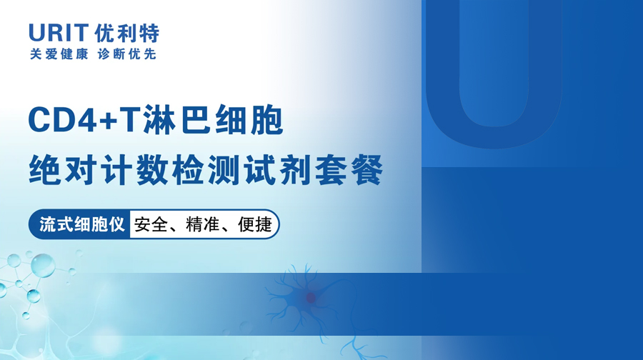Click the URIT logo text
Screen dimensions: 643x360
(59, 33)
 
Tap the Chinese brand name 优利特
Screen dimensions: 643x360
(126, 33)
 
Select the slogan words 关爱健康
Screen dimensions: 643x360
(59, 54)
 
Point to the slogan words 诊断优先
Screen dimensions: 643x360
(127, 54)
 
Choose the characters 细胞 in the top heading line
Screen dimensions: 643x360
(249, 120)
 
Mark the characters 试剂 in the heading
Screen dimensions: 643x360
(278, 169)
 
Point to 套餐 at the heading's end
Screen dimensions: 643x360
(349, 169)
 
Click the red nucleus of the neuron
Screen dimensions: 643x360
(311, 298)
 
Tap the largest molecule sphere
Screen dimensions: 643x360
(43, 265)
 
